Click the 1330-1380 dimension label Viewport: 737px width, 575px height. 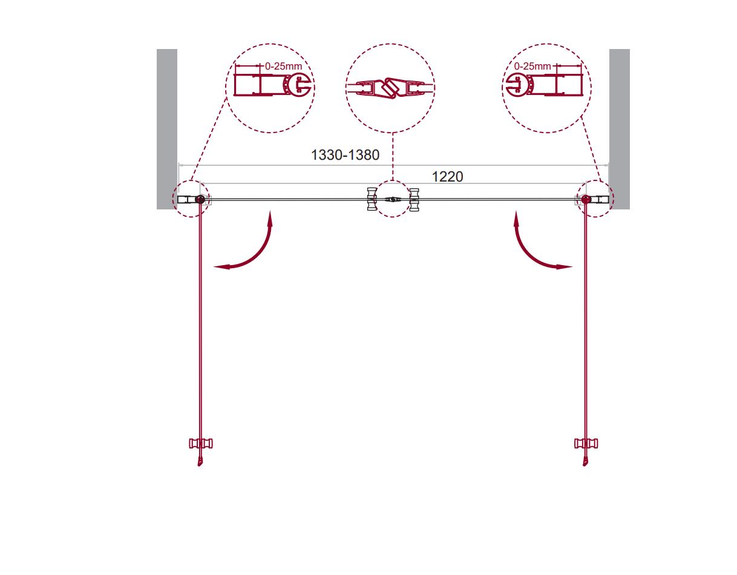coord(345,155)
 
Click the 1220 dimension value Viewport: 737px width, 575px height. coord(447,176)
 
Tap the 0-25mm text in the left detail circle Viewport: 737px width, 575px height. coord(283,66)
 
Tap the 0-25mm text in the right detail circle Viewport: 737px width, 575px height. coord(532,66)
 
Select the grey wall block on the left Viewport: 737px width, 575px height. coord(166,129)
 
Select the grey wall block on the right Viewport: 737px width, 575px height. coord(620,129)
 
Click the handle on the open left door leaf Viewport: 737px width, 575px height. coord(201,444)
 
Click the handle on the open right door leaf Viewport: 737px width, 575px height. coord(586,444)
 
